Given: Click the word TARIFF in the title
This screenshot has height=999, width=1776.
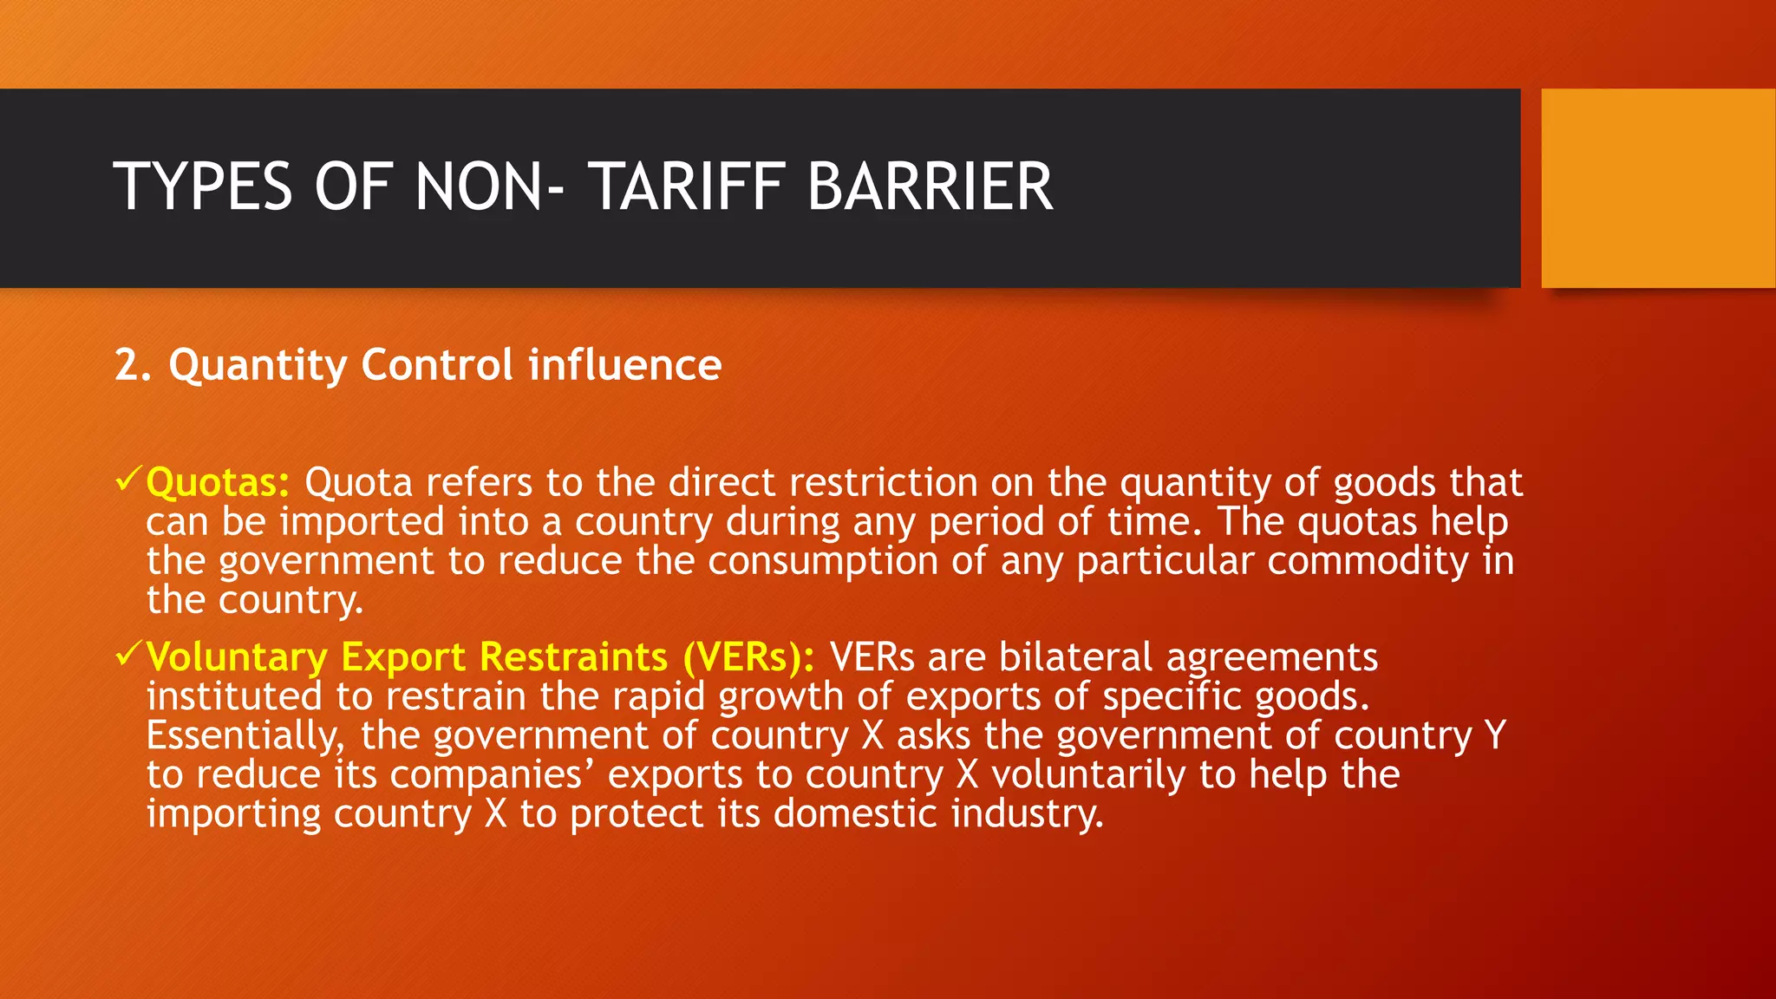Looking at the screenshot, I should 689,186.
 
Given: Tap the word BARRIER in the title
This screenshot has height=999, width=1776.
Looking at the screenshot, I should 930,186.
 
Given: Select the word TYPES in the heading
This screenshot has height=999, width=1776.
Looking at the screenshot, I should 203,186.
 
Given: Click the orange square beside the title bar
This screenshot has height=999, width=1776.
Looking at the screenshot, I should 1657,188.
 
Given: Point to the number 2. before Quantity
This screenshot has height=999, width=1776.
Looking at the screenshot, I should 133,365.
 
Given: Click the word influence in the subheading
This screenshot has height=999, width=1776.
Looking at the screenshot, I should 624,365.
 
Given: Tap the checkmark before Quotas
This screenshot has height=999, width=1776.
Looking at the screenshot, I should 127,478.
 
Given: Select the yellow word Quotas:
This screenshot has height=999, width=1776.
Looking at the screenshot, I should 218,483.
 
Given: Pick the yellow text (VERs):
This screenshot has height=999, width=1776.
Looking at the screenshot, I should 748,657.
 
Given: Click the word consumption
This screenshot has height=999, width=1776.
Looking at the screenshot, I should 822,561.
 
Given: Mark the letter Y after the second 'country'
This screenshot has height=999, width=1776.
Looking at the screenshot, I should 1494,736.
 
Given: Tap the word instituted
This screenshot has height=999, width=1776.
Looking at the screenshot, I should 233,697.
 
